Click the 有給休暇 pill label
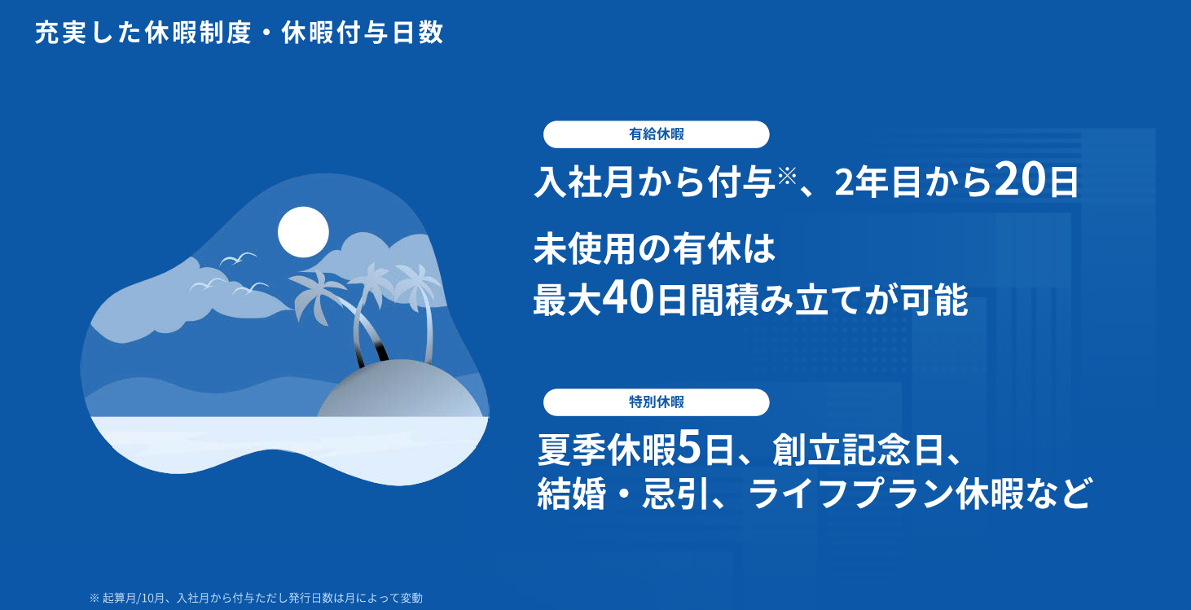tap(656, 134)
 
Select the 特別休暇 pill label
tap(656, 402)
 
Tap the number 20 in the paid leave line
tap(1020, 180)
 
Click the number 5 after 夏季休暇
tap(689, 449)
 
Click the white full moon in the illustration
tap(303, 232)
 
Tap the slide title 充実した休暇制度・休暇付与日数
tap(240, 33)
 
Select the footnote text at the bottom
tap(256, 598)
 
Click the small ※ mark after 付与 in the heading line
tap(787, 176)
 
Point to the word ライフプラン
tap(849, 494)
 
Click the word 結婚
tap(571, 494)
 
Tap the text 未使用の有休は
tap(654, 248)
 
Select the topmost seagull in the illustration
tap(238, 259)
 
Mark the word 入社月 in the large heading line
tap(584, 182)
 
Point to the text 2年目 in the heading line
tap(877, 182)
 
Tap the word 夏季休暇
tap(606, 450)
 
